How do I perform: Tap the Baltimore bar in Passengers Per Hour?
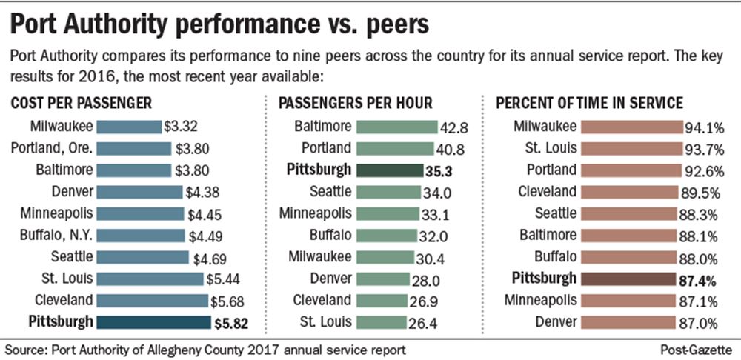point(394,127)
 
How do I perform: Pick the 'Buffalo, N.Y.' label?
point(53,236)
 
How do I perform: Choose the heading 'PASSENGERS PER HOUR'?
point(354,104)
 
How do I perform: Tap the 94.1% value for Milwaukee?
point(705,127)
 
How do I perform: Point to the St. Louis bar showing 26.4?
point(382,321)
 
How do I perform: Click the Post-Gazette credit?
point(697,347)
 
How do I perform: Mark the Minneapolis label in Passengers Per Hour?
point(315,213)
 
